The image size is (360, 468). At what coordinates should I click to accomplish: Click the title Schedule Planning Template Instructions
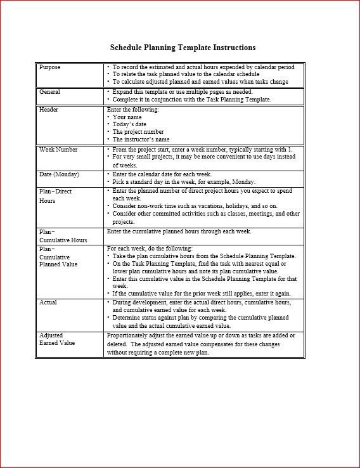[x=183, y=48]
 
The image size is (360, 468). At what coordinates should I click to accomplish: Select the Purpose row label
[x=50, y=67]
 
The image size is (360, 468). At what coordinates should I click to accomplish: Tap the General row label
[x=50, y=92]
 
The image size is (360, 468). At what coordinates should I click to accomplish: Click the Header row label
[x=49, y=110]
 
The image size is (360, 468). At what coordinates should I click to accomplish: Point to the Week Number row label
[x=58, y=150]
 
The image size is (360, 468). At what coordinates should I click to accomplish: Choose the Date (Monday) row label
[x=59, y=174]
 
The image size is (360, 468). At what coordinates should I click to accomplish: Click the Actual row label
[x=48, y=302]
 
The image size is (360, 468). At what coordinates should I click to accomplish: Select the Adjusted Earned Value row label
[x=57, y=339]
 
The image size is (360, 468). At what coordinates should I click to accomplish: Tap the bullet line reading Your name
[x=127, y=117]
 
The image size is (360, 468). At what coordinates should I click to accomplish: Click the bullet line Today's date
[x=129, y=125]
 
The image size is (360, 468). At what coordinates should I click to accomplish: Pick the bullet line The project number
[x=138, y=132]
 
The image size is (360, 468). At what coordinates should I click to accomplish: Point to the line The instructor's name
[x=141, y=140]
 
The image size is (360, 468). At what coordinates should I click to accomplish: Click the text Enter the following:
[x=133, y=110]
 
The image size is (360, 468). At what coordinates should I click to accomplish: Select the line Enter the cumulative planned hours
[x=179, y=231]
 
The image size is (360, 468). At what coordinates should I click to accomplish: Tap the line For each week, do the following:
[x=150, y=249]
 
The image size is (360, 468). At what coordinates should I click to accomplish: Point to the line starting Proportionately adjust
[x=200, y=335]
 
